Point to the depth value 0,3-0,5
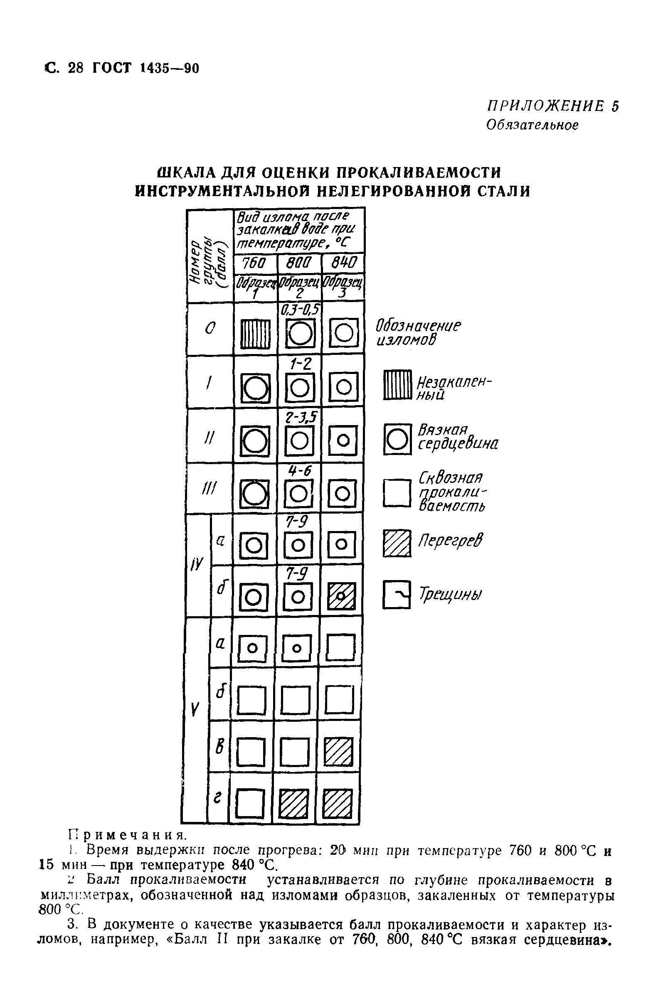click(300, 310)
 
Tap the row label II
click(209, 436)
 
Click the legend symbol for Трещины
click(396, 595)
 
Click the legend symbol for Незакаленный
click(397, 385)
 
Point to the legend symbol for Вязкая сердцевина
click(397, 439)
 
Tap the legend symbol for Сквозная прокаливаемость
click(397, 493)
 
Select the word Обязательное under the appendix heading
click(532, 125)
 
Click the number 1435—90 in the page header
click(169, 69)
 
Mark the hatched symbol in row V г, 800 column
click(294, 804)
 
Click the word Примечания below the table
click(128, 834)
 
